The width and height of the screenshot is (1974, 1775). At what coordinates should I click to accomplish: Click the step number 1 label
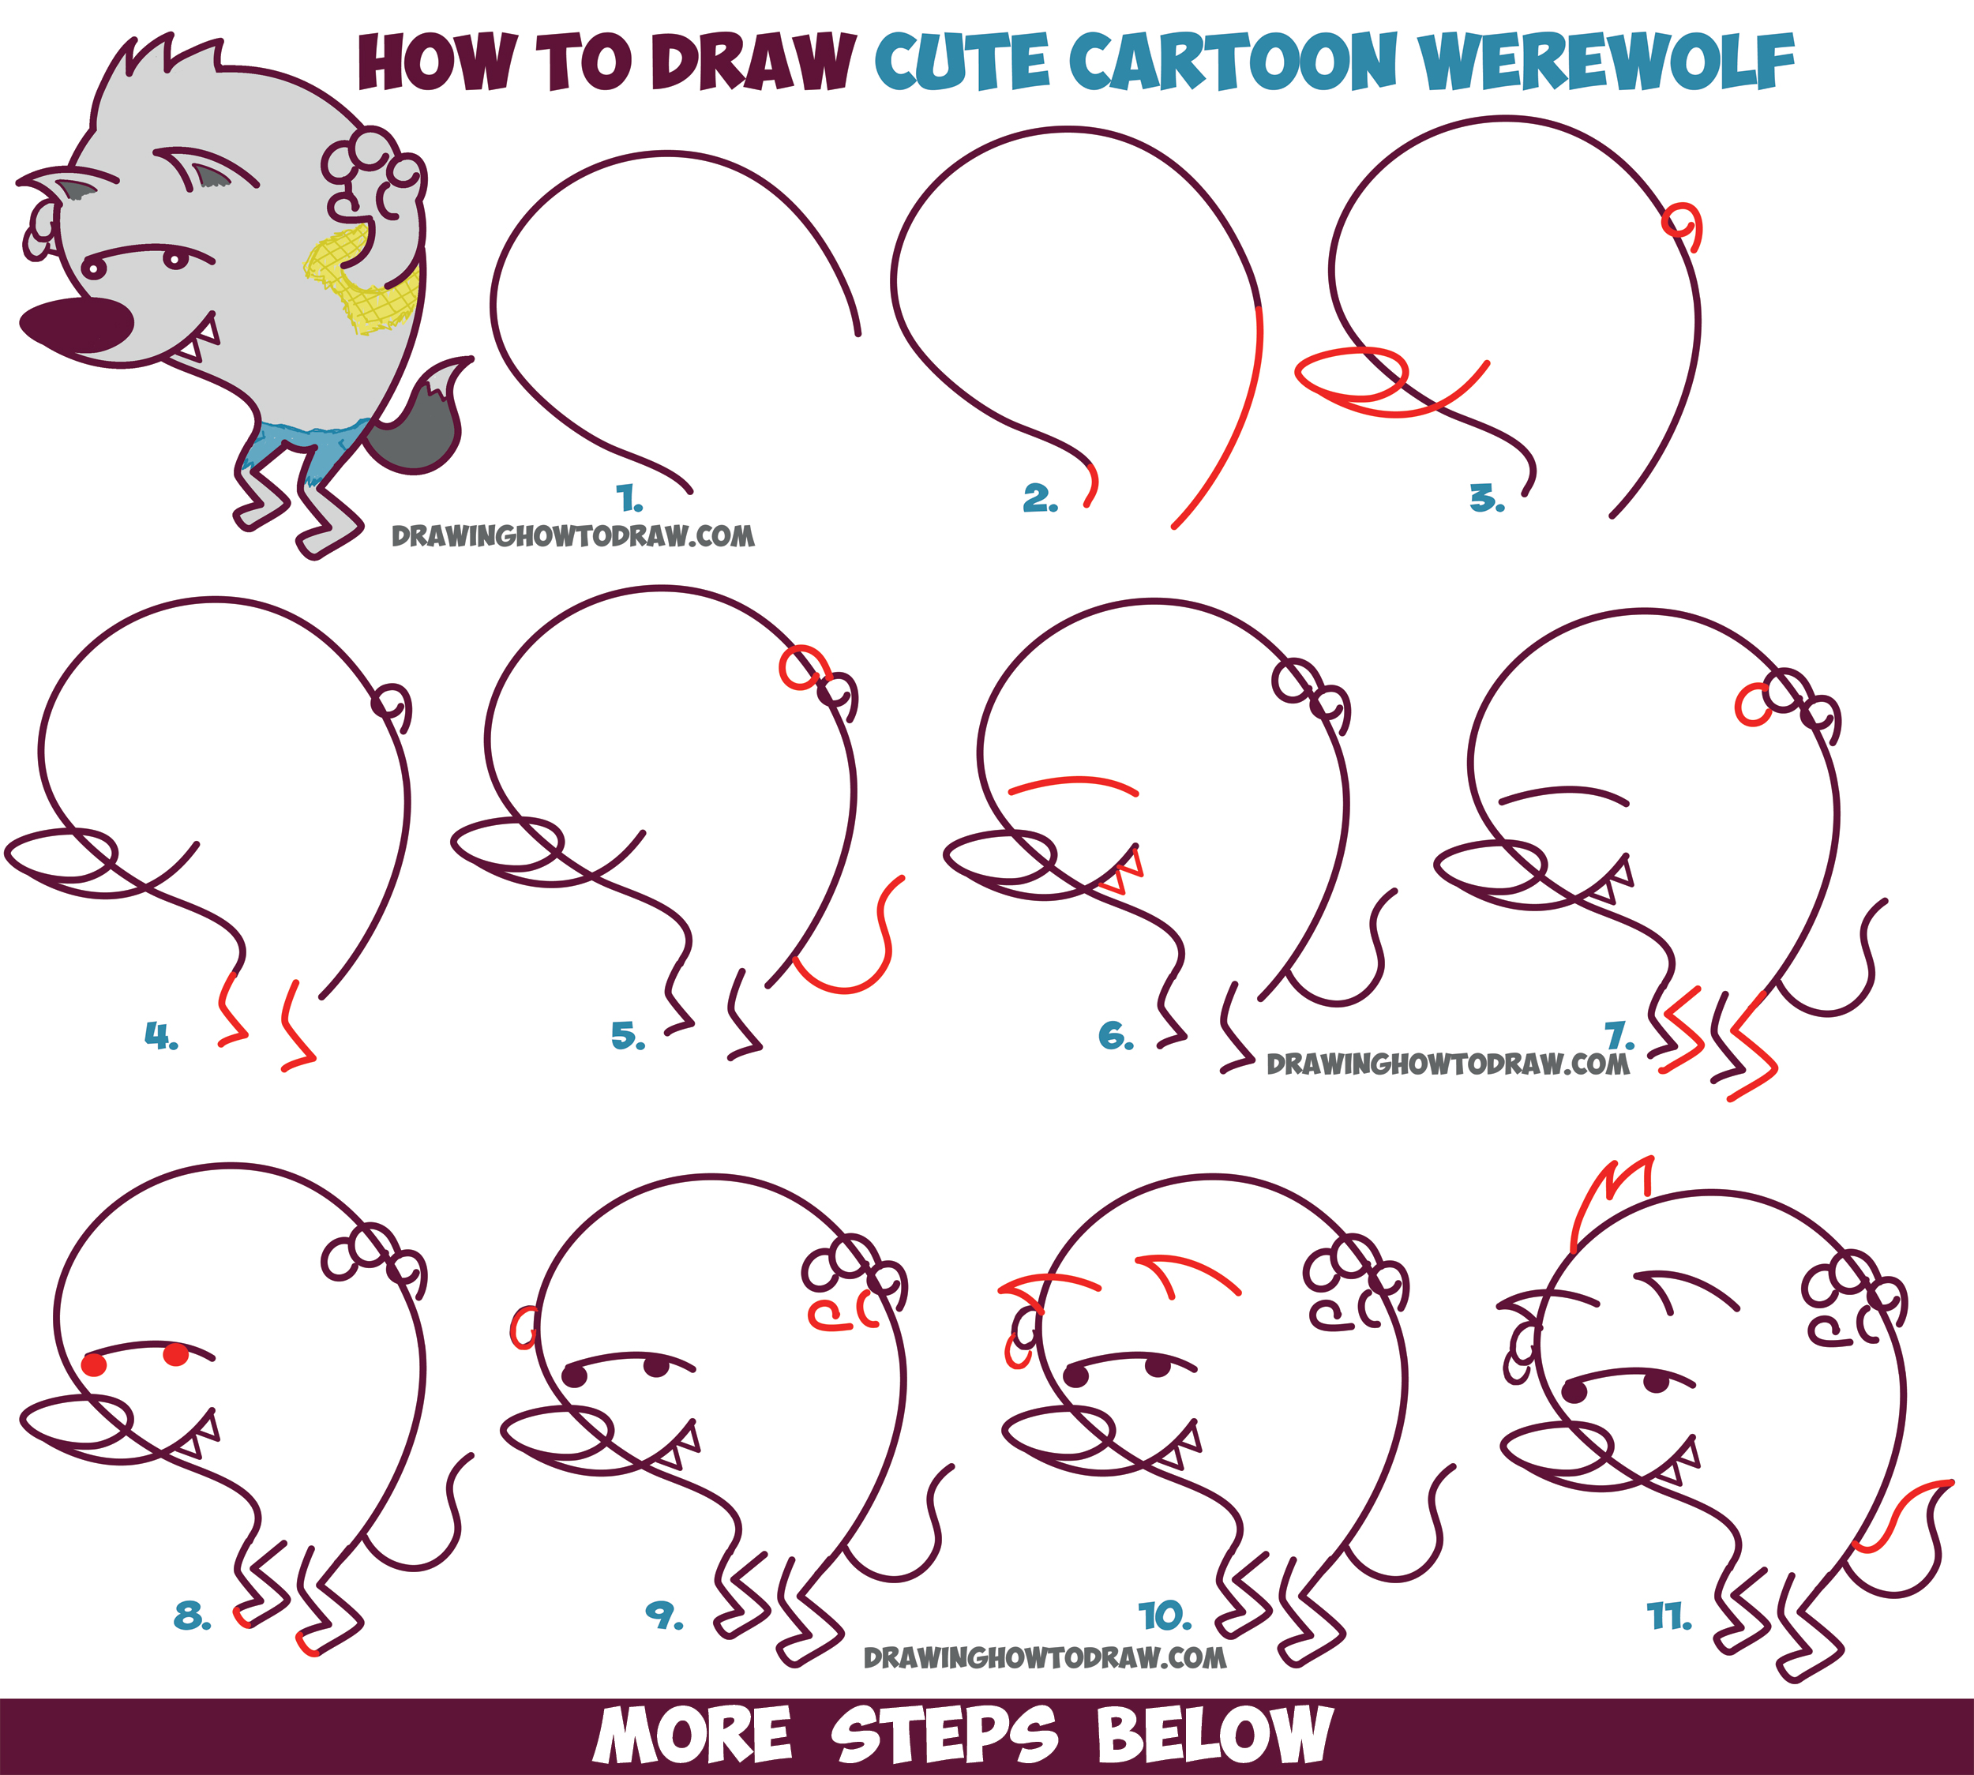pyautogui.click(x=630, y=501)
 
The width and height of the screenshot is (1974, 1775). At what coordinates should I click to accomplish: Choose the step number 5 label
pyautogui.click(x=628, y=1036)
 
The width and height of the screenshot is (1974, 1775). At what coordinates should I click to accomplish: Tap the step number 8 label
pyautogui.click(x=192, y=1617)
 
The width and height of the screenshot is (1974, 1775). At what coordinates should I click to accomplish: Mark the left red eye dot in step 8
pyautogui.click(x=95, y=1364)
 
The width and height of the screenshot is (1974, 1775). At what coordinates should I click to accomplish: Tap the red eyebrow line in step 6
pyautogui.click(x=1073, y=782)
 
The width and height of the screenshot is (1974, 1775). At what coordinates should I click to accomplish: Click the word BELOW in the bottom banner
pyautogui.click(x=1214, y=1736)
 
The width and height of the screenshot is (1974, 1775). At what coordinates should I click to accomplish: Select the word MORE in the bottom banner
pyautogui.click(x=692, y=1736)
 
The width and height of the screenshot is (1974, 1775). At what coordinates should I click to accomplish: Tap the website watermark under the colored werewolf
pyautogui.click(x=572, y=535)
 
